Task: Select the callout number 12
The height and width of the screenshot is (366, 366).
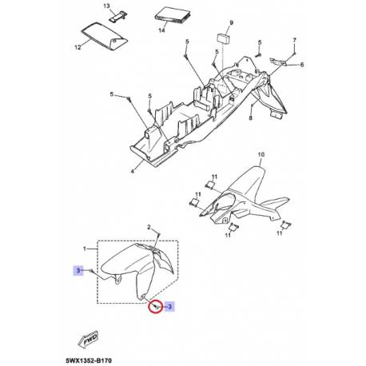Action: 78,48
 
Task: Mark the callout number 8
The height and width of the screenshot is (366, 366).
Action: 250,118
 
